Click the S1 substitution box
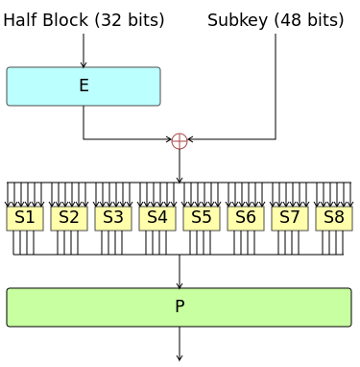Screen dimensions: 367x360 tap(25, 218)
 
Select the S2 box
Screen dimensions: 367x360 tap(69, 218)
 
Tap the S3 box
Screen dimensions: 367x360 tap(113, 218)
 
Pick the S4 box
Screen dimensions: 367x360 tap(157, 218)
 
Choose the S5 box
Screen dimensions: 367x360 tap(202, 218)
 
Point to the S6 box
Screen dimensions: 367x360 tap(246, 218)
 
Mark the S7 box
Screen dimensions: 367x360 tap(290, 218)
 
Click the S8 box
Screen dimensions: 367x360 tap(334, 218)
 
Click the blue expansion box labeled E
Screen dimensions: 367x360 tap(84, 86)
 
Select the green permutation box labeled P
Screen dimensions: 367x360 tap(180, 307)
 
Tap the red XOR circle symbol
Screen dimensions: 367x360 tap(180, 140)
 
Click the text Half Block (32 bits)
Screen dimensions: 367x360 tap(84, 20)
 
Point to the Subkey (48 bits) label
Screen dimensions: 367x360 tap(276, 20)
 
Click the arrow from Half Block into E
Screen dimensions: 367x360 tap(84, 51)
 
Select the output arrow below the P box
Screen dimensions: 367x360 tap(180, 344)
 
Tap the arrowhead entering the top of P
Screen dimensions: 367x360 tap(180, 284)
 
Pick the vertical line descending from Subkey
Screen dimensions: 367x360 tap(276, 86)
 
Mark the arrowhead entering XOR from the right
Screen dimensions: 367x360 tap(190, 140)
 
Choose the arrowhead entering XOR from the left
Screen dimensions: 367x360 tap(169, 140)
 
